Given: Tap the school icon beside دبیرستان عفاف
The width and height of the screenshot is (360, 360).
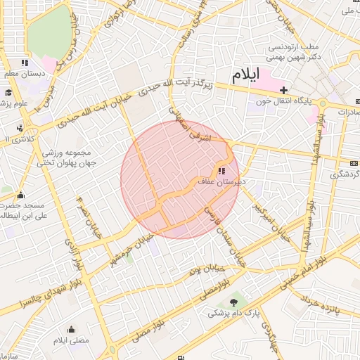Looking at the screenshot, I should coord(221,171).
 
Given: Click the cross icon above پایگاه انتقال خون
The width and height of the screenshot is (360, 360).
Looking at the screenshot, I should coord(283,90).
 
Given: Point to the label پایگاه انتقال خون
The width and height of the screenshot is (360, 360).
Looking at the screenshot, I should coord(283,101).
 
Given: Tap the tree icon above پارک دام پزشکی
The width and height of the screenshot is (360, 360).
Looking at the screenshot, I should coord(233,302).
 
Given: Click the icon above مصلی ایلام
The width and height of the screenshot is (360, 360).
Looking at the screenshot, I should coord(71,329).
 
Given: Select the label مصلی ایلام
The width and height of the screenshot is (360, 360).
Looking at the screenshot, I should coord(71,340).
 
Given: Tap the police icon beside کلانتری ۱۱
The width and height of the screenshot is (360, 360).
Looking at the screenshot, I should coord(20,129).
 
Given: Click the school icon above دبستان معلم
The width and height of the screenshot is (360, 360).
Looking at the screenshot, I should coord(25,63).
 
